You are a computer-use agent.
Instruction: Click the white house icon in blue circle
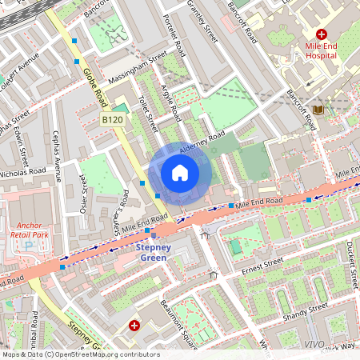click(x=180, y=172)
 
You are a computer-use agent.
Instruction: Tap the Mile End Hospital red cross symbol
click(x=322, y=34)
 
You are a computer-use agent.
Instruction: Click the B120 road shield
click(x=112, y=120)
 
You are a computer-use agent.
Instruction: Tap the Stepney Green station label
click(x=152, y=253)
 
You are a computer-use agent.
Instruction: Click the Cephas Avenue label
click(x=57, y=152)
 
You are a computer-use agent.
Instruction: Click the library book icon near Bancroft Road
click(x=318, y=109)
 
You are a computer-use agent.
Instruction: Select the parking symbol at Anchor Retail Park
click(x=30, y=245)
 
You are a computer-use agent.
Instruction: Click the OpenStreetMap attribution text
click(x=80, y=354)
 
